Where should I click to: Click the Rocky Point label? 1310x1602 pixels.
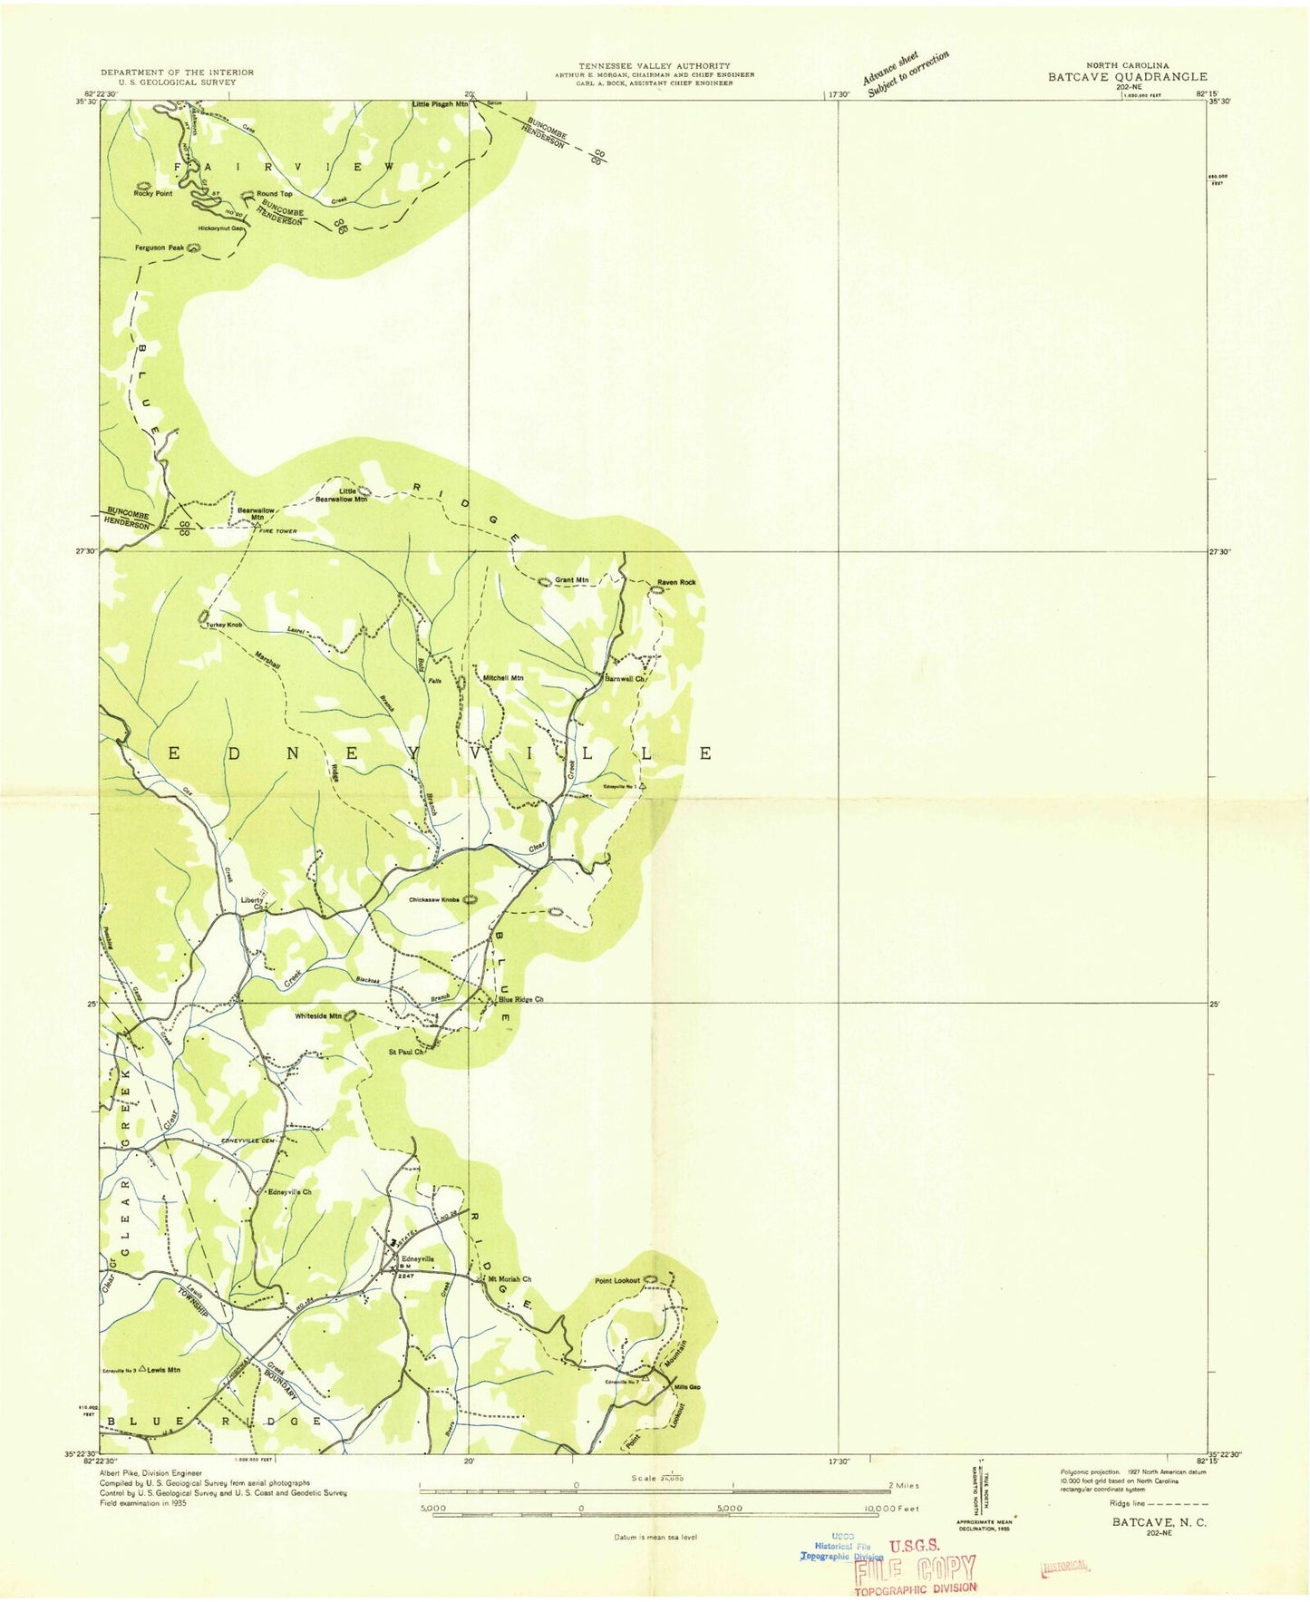click(x=152, y=194)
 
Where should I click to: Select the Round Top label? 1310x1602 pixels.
click(x=274, y=194)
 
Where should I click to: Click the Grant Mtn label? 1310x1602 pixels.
click(x=571, y=580)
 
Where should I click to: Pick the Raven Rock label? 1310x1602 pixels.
click(x=676, y=582)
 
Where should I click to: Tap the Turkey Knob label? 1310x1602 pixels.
click(x=224, y=626)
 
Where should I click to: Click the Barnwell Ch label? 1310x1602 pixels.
click(x=625, y=678)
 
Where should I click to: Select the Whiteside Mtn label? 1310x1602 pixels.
click(x=317, y=1016)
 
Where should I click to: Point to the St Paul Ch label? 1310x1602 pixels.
click(x=406, y=1053)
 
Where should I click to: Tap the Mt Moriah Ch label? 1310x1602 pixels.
click(x=509, y=1279)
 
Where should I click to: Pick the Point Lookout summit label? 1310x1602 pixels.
click(x=616, y=1280)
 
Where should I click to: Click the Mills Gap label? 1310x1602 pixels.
click(x=687, y=1387)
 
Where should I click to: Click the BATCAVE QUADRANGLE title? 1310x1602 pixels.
click(x=1127, y=77)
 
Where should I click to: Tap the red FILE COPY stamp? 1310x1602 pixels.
click(x=915, y=1568)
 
